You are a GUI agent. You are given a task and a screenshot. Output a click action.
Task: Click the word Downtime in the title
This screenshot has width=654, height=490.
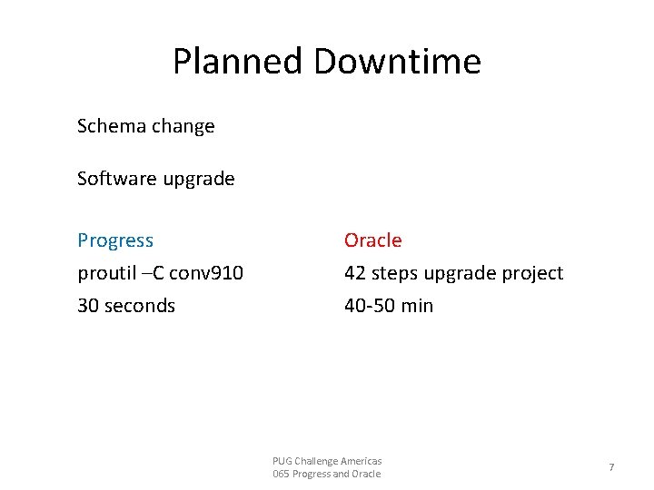coord(397,62)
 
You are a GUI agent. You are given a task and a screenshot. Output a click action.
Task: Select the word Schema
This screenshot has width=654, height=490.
coord(111,126)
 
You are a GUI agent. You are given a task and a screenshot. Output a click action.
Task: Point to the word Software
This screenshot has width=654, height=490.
coord(116,179)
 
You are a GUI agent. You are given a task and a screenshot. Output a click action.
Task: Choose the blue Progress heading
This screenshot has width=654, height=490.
coord(115,240)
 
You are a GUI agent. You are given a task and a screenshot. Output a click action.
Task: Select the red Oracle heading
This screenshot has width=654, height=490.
coord(372,240)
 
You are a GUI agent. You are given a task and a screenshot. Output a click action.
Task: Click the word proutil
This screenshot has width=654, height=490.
coord(104,273)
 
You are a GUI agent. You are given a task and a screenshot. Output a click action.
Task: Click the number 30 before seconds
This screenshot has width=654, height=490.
coord(88,306)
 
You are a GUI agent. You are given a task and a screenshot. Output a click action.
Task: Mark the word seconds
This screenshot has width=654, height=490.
coord(140,306)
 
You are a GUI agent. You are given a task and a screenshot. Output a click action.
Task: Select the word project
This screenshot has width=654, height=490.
coord(531,273)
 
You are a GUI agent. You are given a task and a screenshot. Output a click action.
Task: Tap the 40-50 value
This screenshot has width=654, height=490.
coord(370,306)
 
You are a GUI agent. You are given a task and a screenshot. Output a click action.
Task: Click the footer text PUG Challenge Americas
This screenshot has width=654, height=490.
coord(327,461)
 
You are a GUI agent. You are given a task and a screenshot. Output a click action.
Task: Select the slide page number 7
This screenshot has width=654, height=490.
coord(611,467)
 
